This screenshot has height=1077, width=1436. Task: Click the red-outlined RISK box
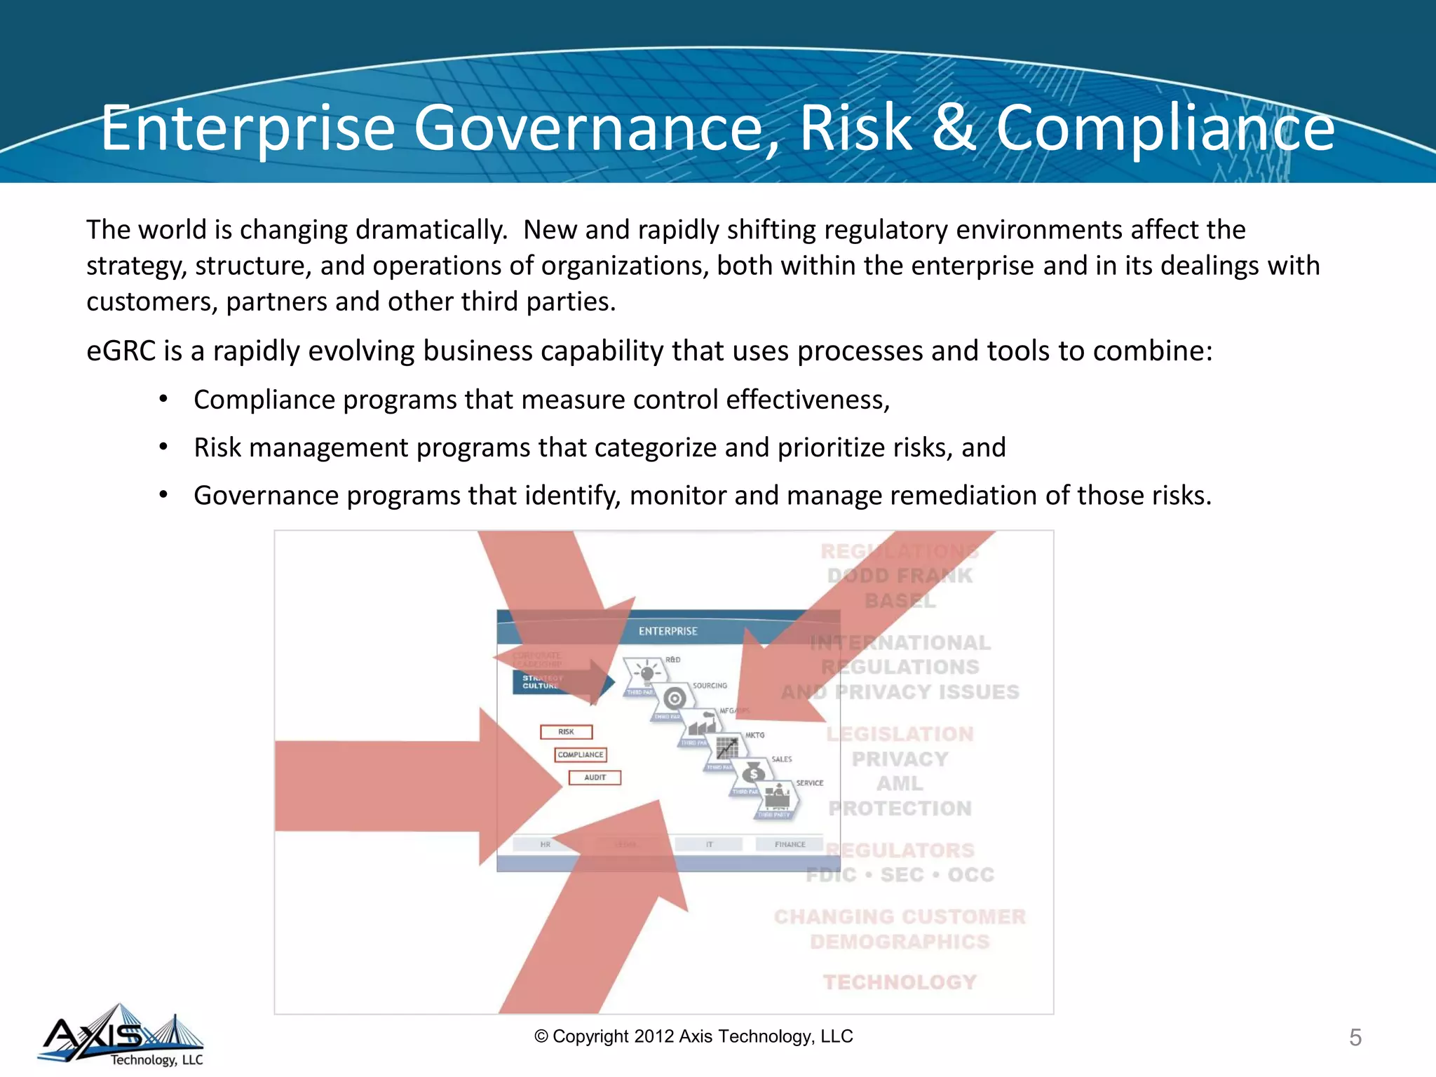pos(566,732)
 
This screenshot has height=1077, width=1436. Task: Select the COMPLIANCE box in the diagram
pos(581,754)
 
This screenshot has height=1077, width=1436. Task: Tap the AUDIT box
pos(595,778)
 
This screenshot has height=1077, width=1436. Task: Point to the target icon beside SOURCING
pos(675,698)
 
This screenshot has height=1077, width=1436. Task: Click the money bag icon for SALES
pos(753,773)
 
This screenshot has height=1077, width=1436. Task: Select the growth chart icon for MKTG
pos(728,747)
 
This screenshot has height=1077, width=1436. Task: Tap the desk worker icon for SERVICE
pos(777,797)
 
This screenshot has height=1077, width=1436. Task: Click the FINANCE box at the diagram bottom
pos(790,844)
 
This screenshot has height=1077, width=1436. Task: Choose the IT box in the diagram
pos(709,844)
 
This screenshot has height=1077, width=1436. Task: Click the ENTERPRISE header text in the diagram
pos(668,631)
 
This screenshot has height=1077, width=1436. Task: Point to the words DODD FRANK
pos(900,576)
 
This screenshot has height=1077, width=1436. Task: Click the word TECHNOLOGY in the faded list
pos(900,982)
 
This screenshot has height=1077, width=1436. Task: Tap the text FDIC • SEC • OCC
pos(900,874)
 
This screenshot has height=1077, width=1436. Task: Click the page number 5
pos(1355,1037)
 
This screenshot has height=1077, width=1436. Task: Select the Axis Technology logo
pos(121,1035)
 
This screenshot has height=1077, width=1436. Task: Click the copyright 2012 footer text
pos(693,1036)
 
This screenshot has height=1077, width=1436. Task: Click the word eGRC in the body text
pos(121,351)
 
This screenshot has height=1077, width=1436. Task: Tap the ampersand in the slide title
pos(954,128)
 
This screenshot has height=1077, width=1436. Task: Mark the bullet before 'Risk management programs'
pos(163,447)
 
